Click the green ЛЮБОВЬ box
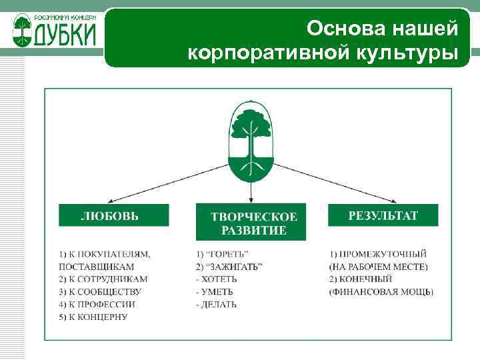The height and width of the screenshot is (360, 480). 110,215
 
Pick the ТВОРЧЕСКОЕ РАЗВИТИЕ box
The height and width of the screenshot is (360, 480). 251,223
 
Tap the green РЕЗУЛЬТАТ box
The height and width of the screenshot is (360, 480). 383,215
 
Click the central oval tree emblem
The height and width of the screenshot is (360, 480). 251,141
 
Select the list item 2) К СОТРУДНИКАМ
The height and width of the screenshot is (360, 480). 103,279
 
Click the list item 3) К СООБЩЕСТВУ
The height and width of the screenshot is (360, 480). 100,292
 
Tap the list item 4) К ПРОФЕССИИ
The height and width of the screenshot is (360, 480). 97,304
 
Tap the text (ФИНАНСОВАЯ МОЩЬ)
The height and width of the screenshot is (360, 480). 381,292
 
